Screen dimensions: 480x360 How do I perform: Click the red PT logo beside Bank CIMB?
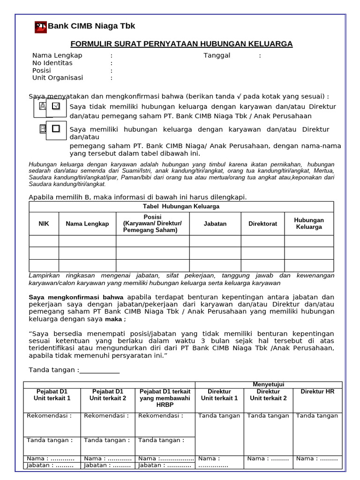(41, 27)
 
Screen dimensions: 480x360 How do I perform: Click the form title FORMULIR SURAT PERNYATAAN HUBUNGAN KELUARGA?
(181, 44)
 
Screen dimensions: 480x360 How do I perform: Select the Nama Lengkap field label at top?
(57, 55)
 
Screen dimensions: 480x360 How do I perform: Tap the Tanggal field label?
(217, 55)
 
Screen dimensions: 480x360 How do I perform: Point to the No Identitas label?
(52, 63)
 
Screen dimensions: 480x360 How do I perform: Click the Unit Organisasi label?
(58, 78)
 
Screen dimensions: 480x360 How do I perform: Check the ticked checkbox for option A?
(56, 106)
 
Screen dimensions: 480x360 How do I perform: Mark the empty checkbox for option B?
(56, 128)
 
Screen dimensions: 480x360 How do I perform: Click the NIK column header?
(44, 224)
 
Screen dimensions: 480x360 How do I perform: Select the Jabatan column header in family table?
(215, 224)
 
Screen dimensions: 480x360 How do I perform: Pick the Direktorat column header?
(262, 224)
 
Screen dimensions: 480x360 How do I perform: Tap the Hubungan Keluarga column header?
(309, 224)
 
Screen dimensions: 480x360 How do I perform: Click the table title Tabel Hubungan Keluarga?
(181, 206)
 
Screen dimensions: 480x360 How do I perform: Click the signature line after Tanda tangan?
(99, 370)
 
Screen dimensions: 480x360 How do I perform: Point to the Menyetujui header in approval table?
(268, 384)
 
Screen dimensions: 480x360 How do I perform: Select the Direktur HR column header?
(317, 391)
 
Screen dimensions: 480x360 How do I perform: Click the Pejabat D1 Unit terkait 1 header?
(52, 395)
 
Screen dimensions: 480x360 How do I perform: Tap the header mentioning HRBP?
(165, 398)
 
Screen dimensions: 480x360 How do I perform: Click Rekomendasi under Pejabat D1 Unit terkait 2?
(106, 416)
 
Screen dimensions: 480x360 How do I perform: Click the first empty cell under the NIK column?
(44, 241)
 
